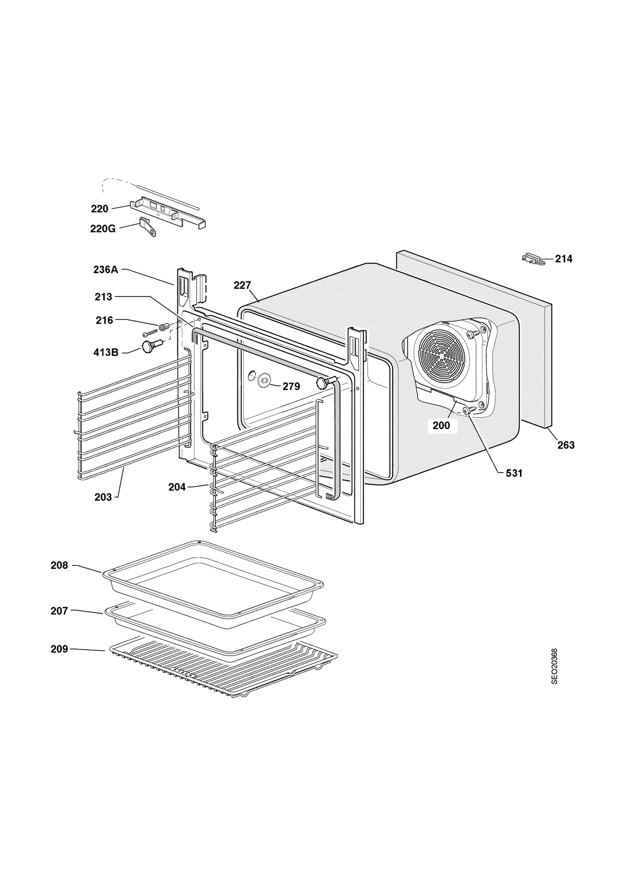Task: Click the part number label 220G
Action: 103,229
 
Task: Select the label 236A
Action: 105,270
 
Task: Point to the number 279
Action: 291,386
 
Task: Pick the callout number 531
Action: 514,473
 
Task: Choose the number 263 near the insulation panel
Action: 566,445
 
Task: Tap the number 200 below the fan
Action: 441,425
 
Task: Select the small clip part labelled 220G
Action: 148,227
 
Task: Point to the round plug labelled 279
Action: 264,381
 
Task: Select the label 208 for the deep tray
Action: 59,566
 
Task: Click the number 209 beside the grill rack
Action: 59,649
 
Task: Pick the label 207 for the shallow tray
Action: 59,611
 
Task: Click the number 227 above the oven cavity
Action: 242,285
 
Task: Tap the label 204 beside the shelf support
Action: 177,487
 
